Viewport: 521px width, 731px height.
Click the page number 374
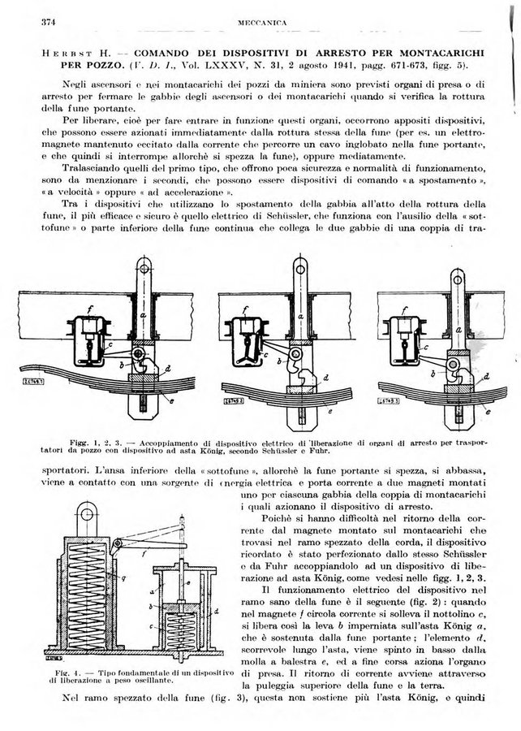pyautogui.click(x=49, y=22)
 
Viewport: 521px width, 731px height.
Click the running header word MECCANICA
pyautogui.click(x=262, y=23)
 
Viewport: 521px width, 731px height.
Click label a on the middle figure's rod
pyautogui.click(x=300, y=316)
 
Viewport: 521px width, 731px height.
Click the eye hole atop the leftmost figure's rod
pyautogui.click(x=144, y=269)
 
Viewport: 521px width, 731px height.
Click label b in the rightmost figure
pyautogui.click(x=434, y=373)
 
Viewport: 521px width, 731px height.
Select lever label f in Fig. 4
pyautogui.click(x=144, y=554)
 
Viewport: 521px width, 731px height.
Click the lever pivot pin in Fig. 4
pyautogui.click(x=118, y=543)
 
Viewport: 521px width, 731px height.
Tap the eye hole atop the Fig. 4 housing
pyautogui.click(x=86, y=514)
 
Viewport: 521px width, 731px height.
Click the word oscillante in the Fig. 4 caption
pyautogui.click(x=156, y=680)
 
